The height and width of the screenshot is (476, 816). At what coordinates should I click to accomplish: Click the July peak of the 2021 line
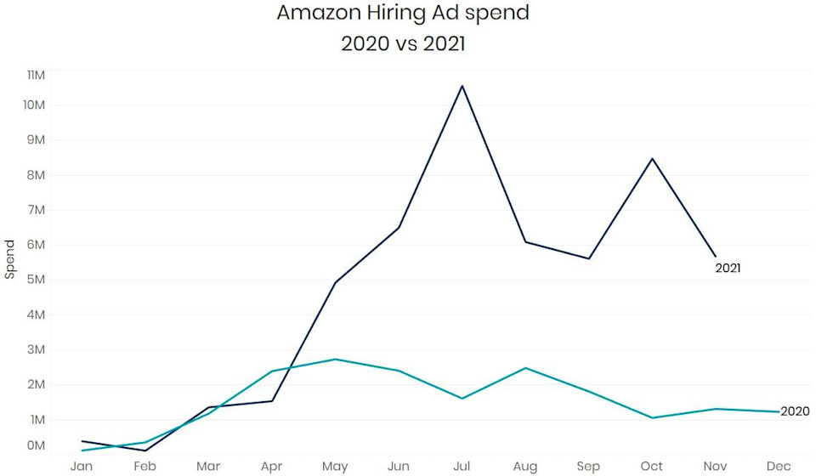click(x=462, y=86)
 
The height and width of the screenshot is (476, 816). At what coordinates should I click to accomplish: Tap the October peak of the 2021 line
click(x=652, y=159)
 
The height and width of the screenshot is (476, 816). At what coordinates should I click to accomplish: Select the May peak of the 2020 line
click(x=336, y=359)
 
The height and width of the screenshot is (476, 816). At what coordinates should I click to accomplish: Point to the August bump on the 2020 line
click(x=526, y=368)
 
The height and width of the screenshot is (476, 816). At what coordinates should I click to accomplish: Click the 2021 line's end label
click(x=728, y=268)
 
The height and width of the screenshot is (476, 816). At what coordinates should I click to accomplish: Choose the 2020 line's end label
click(x=795, y=411)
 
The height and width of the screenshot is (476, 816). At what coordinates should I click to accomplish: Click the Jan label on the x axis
click(x=82, y=467)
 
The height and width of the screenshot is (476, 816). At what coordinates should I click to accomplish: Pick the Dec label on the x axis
click(x=779, y=467)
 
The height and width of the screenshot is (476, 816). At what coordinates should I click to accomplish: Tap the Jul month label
click(x=462, y=467)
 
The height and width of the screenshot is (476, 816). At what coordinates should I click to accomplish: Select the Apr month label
click(x=272, y=467)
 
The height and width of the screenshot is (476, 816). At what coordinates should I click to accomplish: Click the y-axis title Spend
click(x=10, y=259)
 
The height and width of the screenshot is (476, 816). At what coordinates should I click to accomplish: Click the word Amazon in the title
click(x=313, y=14)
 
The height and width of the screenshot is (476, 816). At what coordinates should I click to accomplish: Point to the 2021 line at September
click(x=589, y=258)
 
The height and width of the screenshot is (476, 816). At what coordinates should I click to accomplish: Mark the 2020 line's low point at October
click(x=652, y=417)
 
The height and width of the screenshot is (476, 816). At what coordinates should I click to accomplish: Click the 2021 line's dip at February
click(x=145, y=450)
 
